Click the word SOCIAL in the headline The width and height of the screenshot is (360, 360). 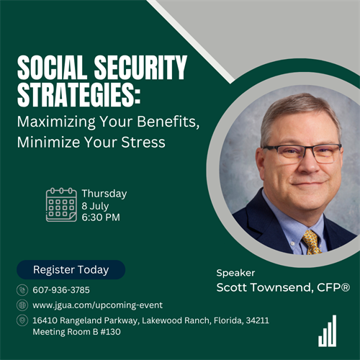coord(52,67)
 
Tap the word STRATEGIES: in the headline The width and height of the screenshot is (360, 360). coord(78,94)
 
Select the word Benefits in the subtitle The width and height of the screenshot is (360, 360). coord(168,122)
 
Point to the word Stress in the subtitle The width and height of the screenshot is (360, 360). coord(143,142)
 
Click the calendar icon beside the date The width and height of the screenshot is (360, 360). coord(61,204)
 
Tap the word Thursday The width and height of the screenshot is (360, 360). coord(104,194)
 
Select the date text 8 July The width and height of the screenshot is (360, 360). coord(95,206)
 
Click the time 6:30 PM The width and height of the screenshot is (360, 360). coord(101,217)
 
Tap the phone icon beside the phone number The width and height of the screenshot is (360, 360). coord(22,290)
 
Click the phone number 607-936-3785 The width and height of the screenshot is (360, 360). coord(61,290)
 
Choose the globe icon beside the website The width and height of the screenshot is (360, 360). coord(22,305)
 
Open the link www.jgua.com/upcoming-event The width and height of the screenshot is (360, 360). coord(98,305)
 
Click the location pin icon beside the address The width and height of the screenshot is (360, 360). coord(22,320)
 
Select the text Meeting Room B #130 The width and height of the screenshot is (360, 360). coord(76,332)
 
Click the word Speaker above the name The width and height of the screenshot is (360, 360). coord(235,273)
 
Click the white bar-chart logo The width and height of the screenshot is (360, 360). coord(328,330)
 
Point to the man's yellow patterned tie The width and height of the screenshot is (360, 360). coord(311,242)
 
